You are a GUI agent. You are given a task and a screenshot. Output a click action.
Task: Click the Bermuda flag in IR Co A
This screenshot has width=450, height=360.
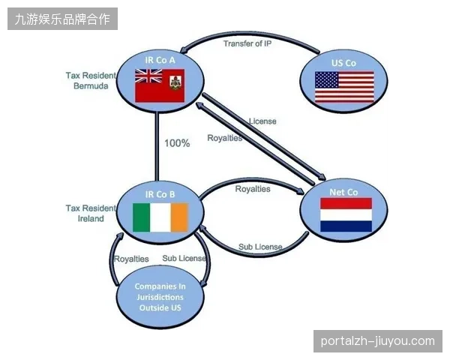point(160,85)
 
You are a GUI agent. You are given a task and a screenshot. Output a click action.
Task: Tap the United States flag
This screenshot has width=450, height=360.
point(344,87)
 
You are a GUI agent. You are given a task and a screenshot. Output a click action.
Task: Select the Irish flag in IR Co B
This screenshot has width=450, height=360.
point(160,217)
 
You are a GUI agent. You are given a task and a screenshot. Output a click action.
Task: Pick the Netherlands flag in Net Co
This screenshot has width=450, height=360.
point(346,214)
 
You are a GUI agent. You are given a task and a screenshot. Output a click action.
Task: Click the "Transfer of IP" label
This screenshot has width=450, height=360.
point(247,43)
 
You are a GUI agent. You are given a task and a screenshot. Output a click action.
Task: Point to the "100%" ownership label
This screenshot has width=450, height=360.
point(177,143)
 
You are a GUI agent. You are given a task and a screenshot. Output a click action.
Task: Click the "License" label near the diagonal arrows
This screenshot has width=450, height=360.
point(262,121)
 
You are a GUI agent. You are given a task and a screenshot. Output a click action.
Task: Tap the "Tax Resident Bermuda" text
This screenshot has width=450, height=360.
point(91,81)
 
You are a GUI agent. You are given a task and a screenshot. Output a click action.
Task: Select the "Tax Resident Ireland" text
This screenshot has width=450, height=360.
point(91,213)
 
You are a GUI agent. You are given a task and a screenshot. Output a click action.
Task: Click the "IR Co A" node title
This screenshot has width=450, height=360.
point(160,60)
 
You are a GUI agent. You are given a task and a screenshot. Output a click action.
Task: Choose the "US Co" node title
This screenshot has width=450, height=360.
point(343,63)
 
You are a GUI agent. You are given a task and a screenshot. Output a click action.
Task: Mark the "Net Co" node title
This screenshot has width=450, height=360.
point(343,192)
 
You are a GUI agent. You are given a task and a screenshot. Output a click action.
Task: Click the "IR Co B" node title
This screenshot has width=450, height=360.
point(160,194)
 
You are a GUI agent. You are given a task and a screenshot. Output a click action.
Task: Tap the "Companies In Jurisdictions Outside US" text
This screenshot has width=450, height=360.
point(160,297)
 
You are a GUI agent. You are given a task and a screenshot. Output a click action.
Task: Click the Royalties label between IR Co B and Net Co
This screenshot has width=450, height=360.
point(253,189)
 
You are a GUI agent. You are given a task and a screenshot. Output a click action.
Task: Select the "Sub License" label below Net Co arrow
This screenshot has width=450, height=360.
point(260,247)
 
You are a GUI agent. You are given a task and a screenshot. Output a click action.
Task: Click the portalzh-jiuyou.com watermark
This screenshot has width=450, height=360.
point(378,341)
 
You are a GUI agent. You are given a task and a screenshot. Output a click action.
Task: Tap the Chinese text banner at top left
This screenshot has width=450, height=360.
point(62,19)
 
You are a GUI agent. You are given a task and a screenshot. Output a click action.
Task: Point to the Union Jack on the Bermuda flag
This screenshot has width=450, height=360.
point(148,76)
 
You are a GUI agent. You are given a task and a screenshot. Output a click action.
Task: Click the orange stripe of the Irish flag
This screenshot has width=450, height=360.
point(179,217)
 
